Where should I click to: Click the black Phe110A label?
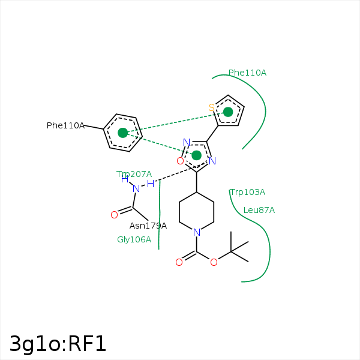coord(65,125)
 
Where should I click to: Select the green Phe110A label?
coord(247,73)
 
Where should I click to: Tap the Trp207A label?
coord(134,174)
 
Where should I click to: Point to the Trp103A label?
coord(247,192)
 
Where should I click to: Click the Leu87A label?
coord(259,210)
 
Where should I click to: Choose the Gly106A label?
coord(134,239)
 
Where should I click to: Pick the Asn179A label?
coord(148,226)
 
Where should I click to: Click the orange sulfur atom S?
coord(212,107)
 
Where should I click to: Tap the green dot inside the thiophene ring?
coord(228,112)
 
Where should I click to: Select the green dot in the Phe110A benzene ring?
coord(123,133)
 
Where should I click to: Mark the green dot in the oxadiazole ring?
coord(196,155)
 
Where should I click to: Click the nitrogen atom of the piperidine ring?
coord(197,232)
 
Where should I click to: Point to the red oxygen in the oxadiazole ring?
coord(180,161)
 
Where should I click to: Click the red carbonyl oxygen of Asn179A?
coord(115,215)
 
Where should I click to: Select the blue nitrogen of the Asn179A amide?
coord(136,189)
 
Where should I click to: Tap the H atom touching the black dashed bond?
coord(151,184)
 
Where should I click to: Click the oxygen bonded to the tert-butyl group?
coord(214,262)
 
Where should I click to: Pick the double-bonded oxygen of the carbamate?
coord(179,262)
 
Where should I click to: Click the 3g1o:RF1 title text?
coord(58,344)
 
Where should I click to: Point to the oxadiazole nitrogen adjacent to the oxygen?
coord(187,142)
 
